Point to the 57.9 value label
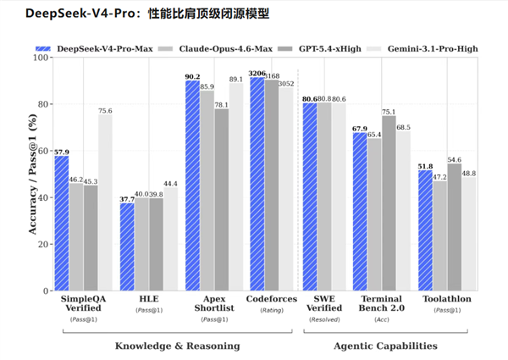click(x=60, y=151)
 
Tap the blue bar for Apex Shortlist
click(x=192, y=186)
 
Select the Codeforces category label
click(x=269, y=300)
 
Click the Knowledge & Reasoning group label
click(x=177, y=346)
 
